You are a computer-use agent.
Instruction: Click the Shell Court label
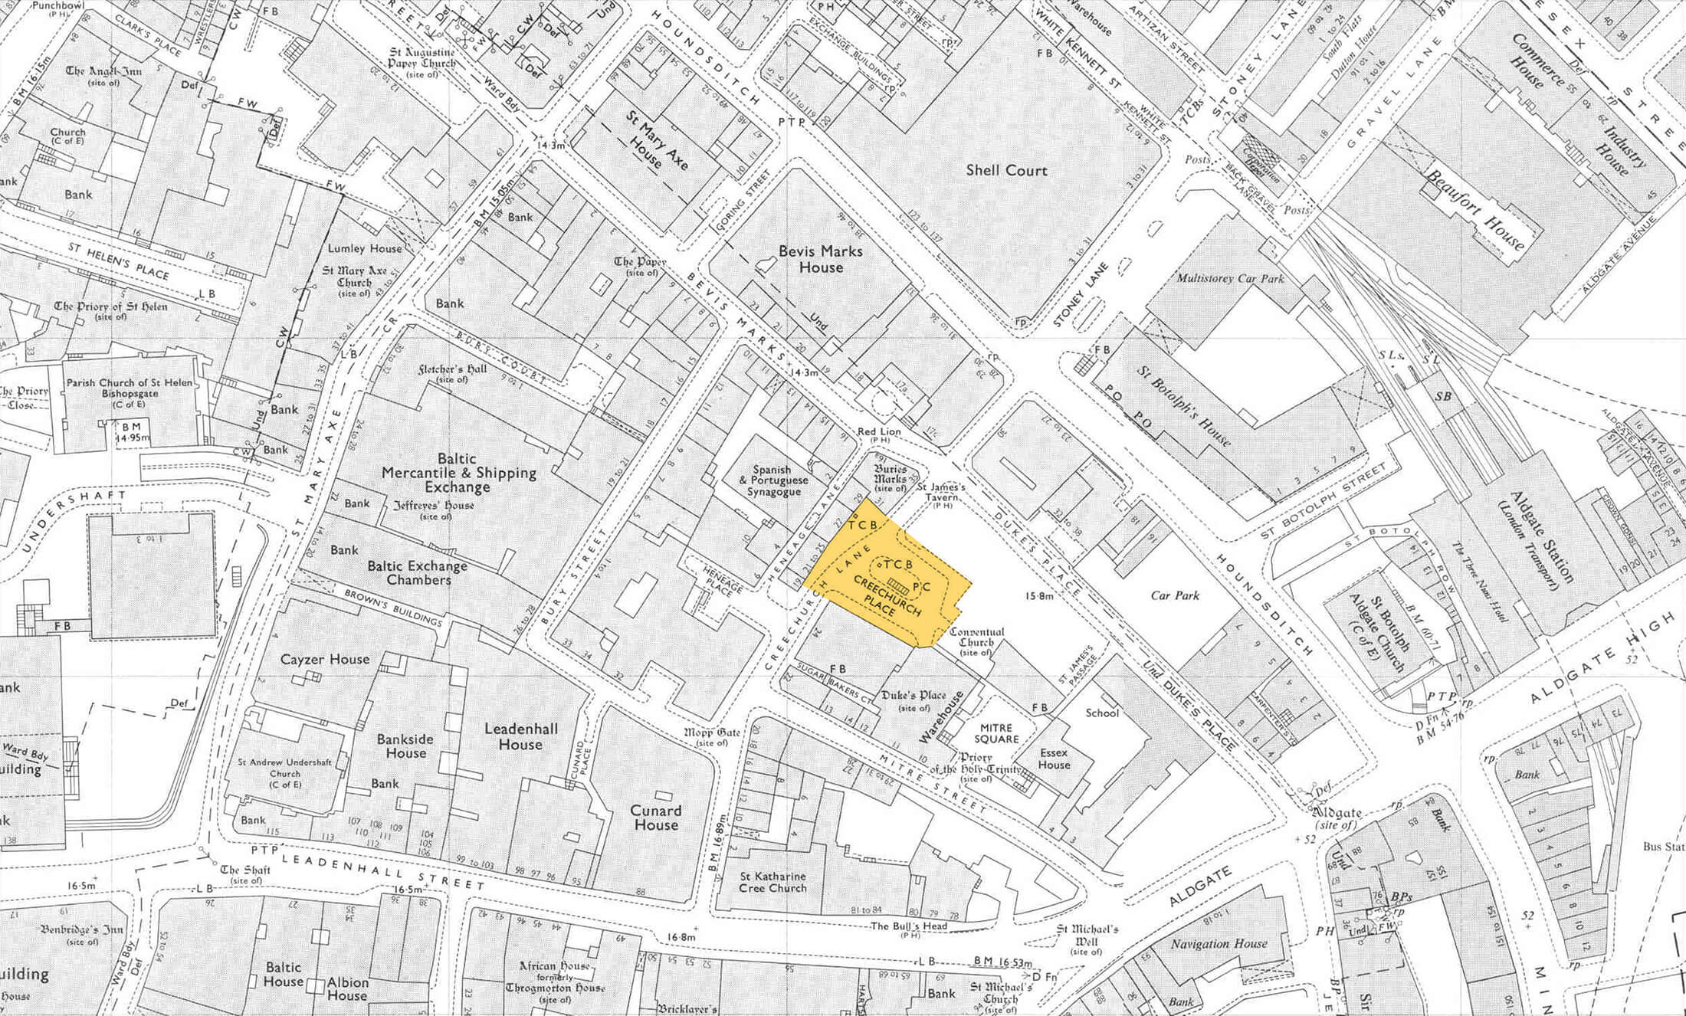coord(1006,171)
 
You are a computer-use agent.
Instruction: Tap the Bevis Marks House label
coord(821,259)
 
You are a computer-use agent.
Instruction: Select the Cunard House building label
coord(655,818)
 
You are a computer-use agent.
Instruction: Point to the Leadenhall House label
coord(520,736)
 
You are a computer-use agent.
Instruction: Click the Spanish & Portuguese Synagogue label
coord(771,480)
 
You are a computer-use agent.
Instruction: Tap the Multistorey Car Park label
coord(1229,278)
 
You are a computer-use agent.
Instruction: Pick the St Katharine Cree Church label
coord(772,882)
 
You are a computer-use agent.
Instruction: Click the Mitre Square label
coord(996,733)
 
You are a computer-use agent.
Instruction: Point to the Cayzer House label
coord(325,659)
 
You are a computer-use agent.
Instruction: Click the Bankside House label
coord(405,746)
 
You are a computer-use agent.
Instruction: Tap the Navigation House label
coord(1219,944)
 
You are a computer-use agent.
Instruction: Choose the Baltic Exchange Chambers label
coord(418,573)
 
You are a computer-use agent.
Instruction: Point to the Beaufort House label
coord(1474,208)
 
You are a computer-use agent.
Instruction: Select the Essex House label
coord(1054,759)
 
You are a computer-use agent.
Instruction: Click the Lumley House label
coord(365,248)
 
